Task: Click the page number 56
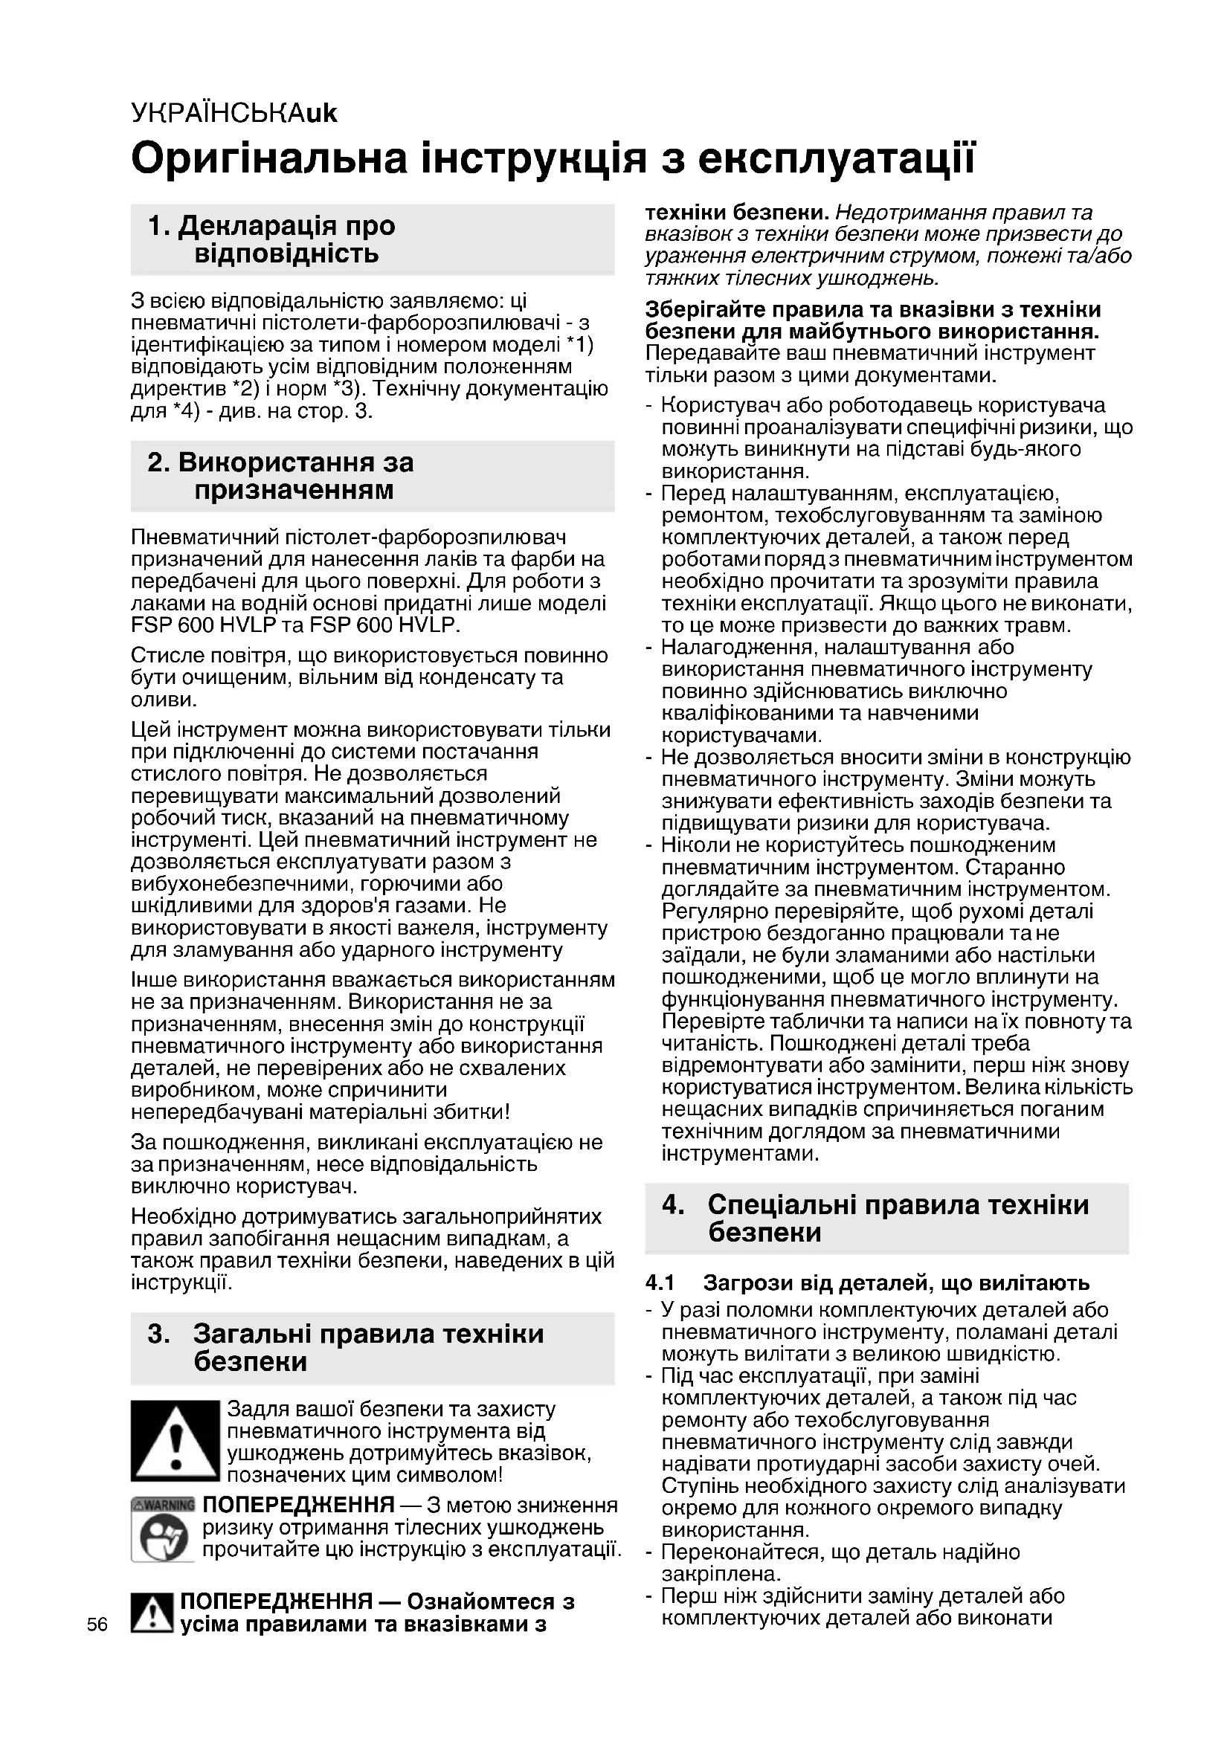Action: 97,1625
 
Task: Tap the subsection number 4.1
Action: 660,1283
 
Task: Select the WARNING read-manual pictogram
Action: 163,1529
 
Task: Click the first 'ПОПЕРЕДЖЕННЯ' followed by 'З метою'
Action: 298,1505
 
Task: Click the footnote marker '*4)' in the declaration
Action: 182,412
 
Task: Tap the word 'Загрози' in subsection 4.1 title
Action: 744,1283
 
